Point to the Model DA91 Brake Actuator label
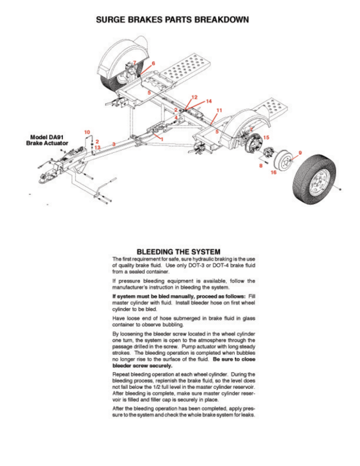click(x=47, y=140)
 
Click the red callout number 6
click(x=153, y=63)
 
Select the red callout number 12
click(x=194, y=97)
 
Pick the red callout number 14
click(x=209, y=101)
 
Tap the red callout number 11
click(x=219, y=111)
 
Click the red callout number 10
click(x=87, y=132)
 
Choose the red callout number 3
click(x=114, y=143)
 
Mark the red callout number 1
click(x=161, y=139)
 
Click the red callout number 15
click(x=266, y=137)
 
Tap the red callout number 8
click(x=261, y=166)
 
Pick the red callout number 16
click(x=273, y=173)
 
